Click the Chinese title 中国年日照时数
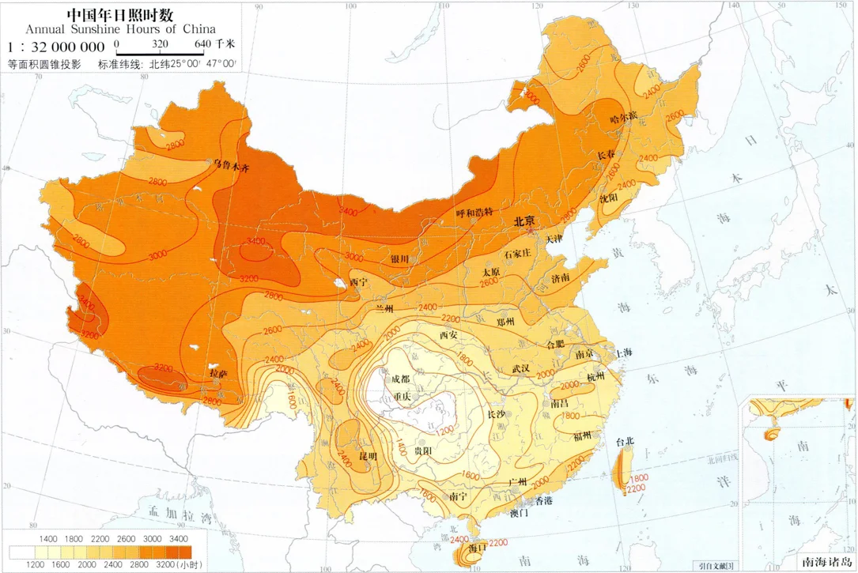click(120, 14)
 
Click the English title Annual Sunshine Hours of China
click(120, 29)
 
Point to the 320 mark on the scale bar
click(160, 43)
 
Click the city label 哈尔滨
click(624, 119)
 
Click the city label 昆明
click(369, 457)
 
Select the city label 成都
click(399, 379)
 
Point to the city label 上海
click(623, 352)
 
